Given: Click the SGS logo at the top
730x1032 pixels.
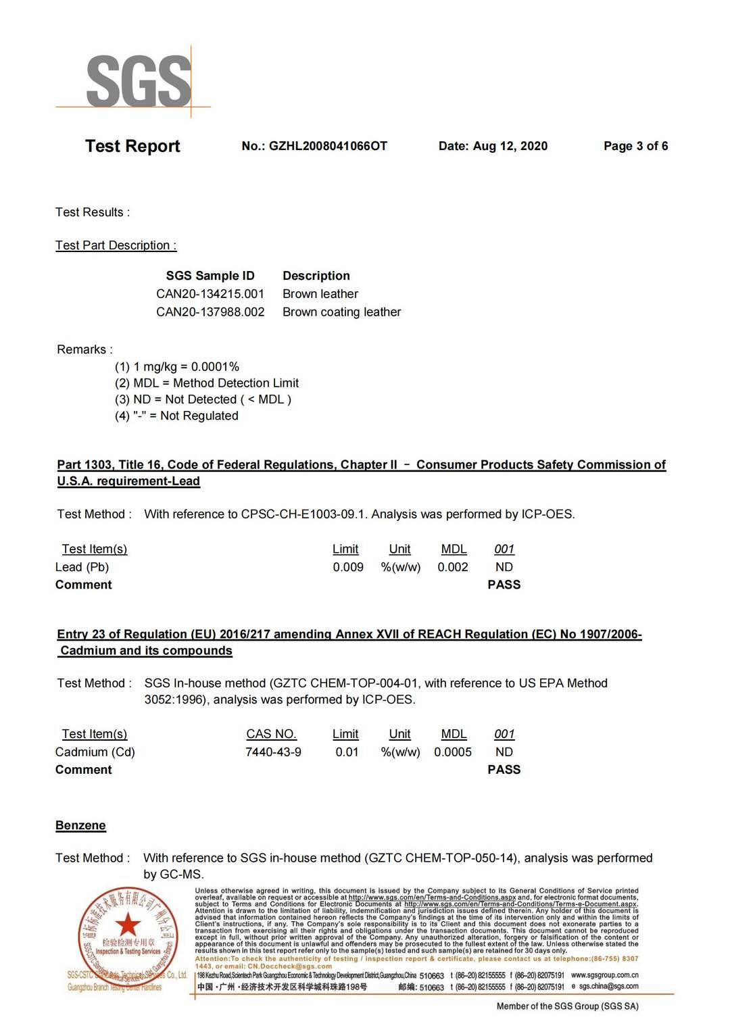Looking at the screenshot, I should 138,81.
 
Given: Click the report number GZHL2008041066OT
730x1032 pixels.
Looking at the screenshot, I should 328,146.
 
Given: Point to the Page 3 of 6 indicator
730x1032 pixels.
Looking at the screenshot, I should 635,146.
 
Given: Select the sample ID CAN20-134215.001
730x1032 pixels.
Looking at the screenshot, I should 210,294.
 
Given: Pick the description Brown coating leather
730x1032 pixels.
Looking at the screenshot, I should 341,312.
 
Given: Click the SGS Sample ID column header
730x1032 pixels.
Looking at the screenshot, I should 210,276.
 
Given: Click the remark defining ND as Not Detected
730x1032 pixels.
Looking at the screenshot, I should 203,399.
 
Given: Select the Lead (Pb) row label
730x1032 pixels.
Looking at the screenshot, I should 82,567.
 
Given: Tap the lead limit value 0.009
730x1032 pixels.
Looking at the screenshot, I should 348,567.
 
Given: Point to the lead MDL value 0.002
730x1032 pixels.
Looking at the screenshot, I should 453,567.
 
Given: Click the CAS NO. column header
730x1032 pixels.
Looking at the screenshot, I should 272,734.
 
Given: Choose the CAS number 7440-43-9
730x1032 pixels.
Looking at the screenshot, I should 273,752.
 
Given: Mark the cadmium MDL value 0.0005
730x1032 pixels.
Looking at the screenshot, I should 453,752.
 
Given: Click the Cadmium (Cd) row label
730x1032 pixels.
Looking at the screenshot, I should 95,752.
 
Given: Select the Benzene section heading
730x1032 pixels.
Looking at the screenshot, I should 80,825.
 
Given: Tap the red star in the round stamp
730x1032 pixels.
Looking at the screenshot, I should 127,925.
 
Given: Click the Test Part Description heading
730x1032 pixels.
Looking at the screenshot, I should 116,245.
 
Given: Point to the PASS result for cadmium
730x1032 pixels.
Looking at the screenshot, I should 504,770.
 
